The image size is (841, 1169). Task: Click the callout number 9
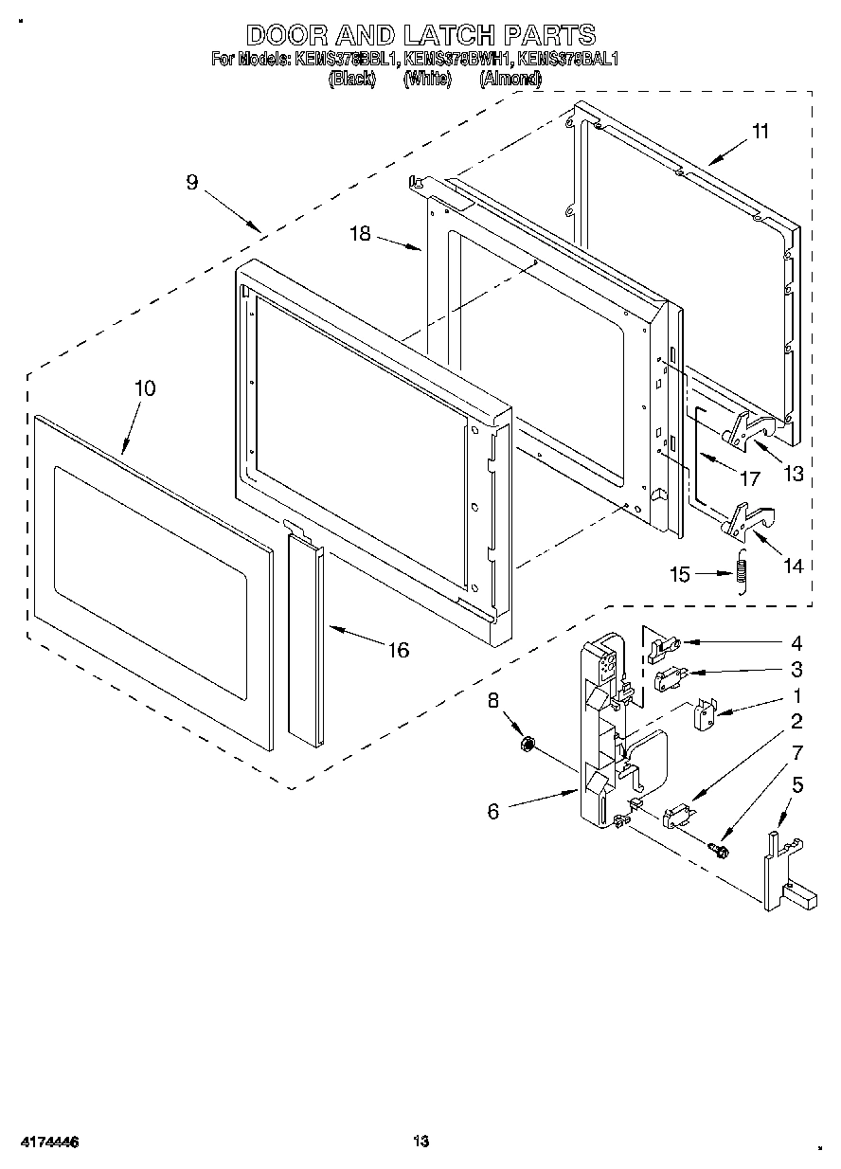click(192, 183)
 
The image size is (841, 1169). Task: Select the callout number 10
click(145, 388)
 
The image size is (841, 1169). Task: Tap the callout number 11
click(760, 132)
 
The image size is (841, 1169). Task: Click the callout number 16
click(399, 650)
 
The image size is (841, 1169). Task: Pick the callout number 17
click(749, 479)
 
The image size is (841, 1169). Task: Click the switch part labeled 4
click(667, 646)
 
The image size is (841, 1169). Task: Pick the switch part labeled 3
click(669, 677)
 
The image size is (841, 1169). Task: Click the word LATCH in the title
click(449, 36)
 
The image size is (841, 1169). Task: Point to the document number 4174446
click(45, 1142)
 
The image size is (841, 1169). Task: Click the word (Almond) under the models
click(510, 80)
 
